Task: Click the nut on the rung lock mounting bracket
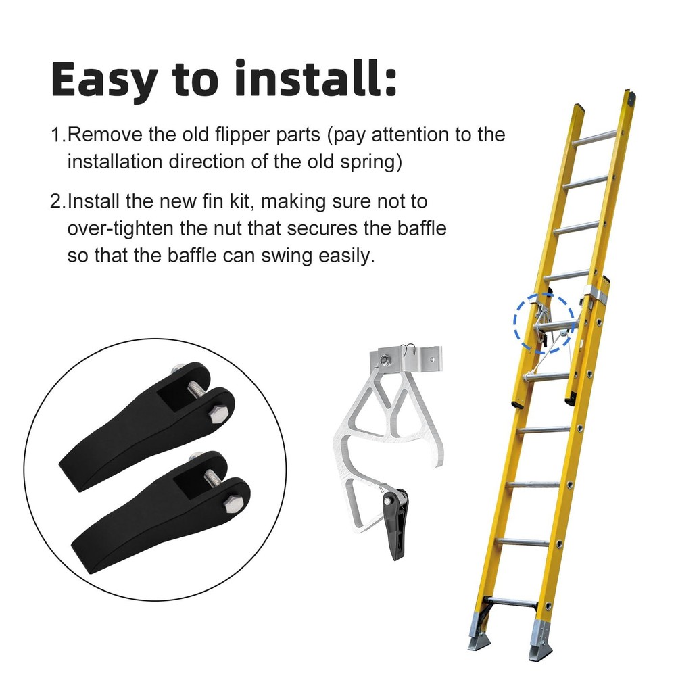coord(384,358)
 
